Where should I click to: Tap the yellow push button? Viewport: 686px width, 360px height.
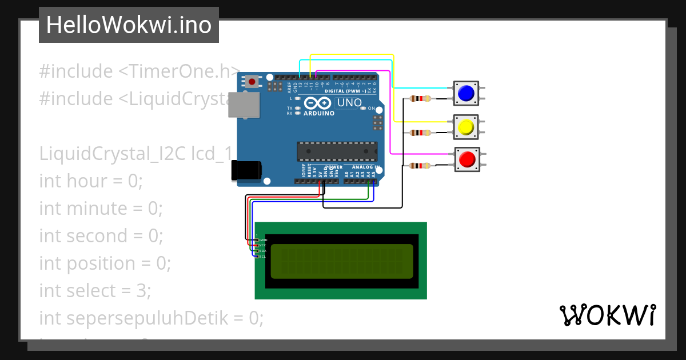[x=466, y=127]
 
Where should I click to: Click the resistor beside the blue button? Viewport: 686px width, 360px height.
[x=421, y=99]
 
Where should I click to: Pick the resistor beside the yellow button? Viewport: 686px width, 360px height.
[x=421, y=133]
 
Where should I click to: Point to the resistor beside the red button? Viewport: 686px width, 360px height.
[x=421, y=166]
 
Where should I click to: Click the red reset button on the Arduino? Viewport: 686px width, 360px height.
[x=252, y=82]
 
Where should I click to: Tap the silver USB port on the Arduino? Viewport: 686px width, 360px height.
[x=244, y=105]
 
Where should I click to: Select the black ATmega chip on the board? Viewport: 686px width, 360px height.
[x=337, y=151]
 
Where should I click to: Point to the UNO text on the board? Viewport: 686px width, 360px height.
[x=349, y=103]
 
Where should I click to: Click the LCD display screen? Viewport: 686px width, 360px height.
[x=342, y=261]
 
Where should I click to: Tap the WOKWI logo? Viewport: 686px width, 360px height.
[x=607, y=315]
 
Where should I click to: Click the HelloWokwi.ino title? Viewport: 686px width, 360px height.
[x=129, y=25]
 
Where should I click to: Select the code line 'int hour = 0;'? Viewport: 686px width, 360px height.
[x=91, y=181]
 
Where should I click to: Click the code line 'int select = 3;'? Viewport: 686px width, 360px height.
[x=95, y=291]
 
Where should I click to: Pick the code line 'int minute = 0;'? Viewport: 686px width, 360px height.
[x=101, y=209]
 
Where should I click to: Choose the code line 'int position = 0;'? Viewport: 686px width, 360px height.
[x=105, y=263]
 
